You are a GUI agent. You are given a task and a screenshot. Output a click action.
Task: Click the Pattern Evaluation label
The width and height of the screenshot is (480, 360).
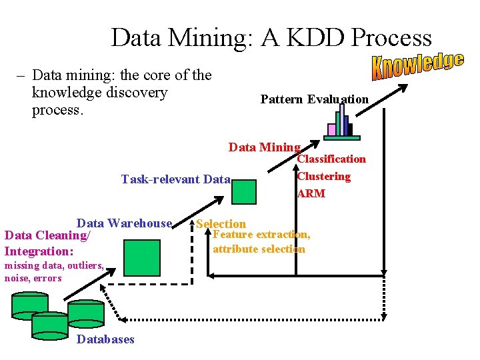[314, 99]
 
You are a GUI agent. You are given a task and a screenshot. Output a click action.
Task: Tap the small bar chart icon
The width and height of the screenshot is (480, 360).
[342, 124]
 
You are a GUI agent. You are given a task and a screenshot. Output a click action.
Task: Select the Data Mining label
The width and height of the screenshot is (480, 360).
[264, 147]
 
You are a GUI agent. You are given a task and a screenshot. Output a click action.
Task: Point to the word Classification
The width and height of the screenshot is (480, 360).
[331, 159]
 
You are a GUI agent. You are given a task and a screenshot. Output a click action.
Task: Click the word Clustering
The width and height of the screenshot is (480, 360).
[323, 176]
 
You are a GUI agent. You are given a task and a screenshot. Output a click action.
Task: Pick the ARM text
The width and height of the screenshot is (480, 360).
[311, 193]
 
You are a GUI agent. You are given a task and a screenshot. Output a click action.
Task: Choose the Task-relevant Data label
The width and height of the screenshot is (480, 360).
[175, 179]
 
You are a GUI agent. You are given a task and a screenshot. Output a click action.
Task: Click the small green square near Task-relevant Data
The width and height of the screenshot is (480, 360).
[244, 191]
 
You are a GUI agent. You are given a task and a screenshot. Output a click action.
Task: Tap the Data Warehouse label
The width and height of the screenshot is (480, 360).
[125, 223]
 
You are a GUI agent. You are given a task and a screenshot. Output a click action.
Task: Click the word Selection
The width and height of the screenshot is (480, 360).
[221, 224]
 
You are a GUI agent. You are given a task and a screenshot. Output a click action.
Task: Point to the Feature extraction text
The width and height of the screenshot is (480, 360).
[261, 235]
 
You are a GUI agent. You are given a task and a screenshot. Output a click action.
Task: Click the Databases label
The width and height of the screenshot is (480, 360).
[105, 339]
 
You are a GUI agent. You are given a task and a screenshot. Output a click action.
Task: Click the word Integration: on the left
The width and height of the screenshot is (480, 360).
[39, 251]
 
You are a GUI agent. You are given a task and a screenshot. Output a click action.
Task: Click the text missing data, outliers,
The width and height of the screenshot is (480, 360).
[54, 265]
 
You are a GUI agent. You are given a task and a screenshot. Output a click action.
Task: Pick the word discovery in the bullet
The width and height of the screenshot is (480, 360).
[135, 93]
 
